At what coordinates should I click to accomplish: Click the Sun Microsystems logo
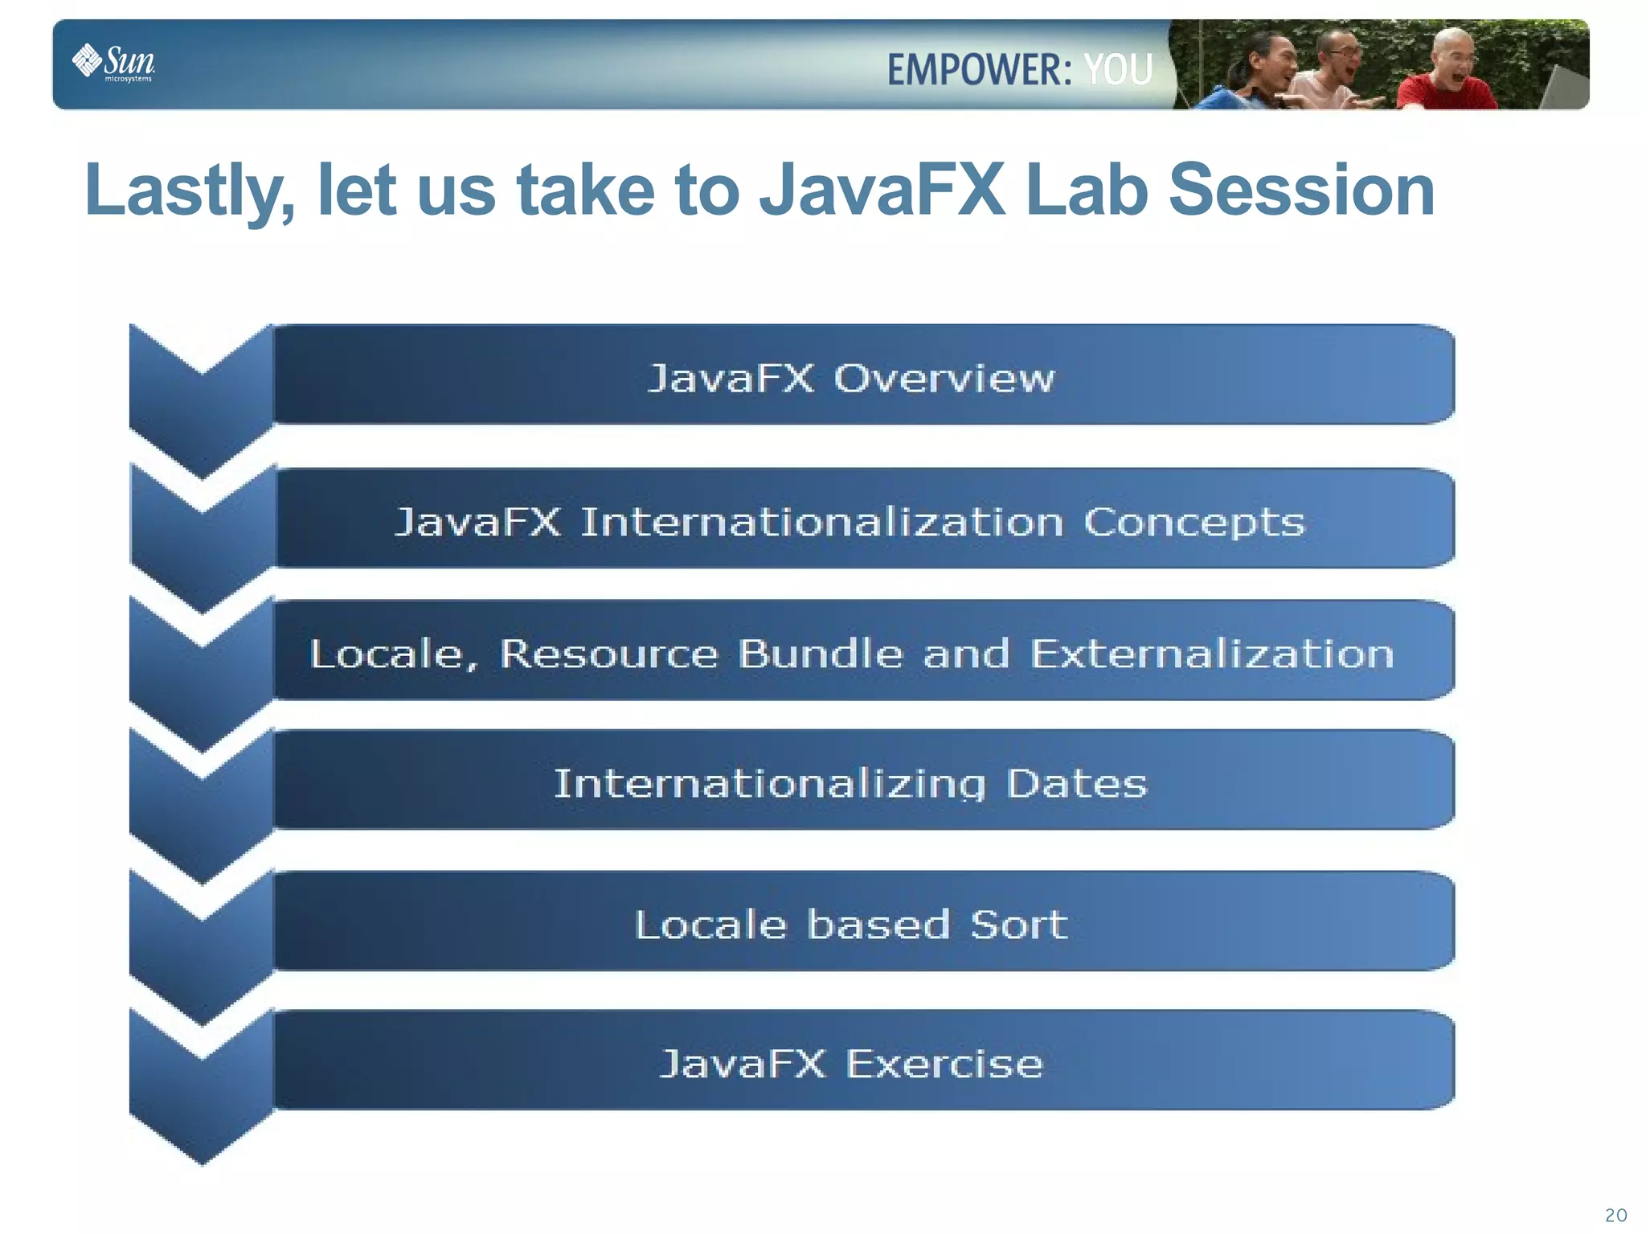[x=114, y=63]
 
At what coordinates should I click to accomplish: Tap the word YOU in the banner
[x=1118, y=70]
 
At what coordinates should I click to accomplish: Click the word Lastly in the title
[x=190, y=191]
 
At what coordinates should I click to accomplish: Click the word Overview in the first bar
[x=944, y=378]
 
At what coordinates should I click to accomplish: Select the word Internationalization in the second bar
[x=821, y=522]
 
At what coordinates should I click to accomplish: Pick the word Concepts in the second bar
[x=1194, y=523]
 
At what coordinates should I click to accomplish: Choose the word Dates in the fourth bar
[x=1076, y=783]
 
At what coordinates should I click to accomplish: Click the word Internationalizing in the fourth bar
[x=769, y=784]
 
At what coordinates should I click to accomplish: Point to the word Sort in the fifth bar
[x=1019, y=925]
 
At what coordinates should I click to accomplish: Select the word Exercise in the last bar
[x=944, y=1064]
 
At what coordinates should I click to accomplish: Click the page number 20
[x=1615, y=1215]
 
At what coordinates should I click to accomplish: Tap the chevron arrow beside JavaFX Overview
[x=201, y=402]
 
